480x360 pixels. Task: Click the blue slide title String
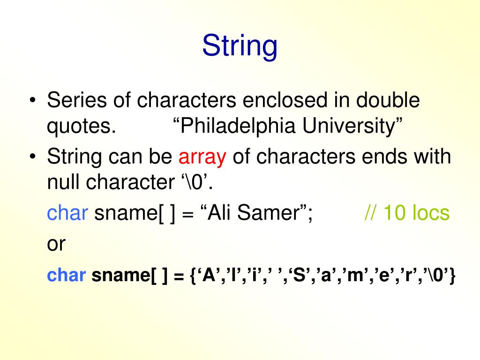[240, 47]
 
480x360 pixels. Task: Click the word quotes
[81, 127]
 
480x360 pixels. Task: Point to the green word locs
[430, 213]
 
